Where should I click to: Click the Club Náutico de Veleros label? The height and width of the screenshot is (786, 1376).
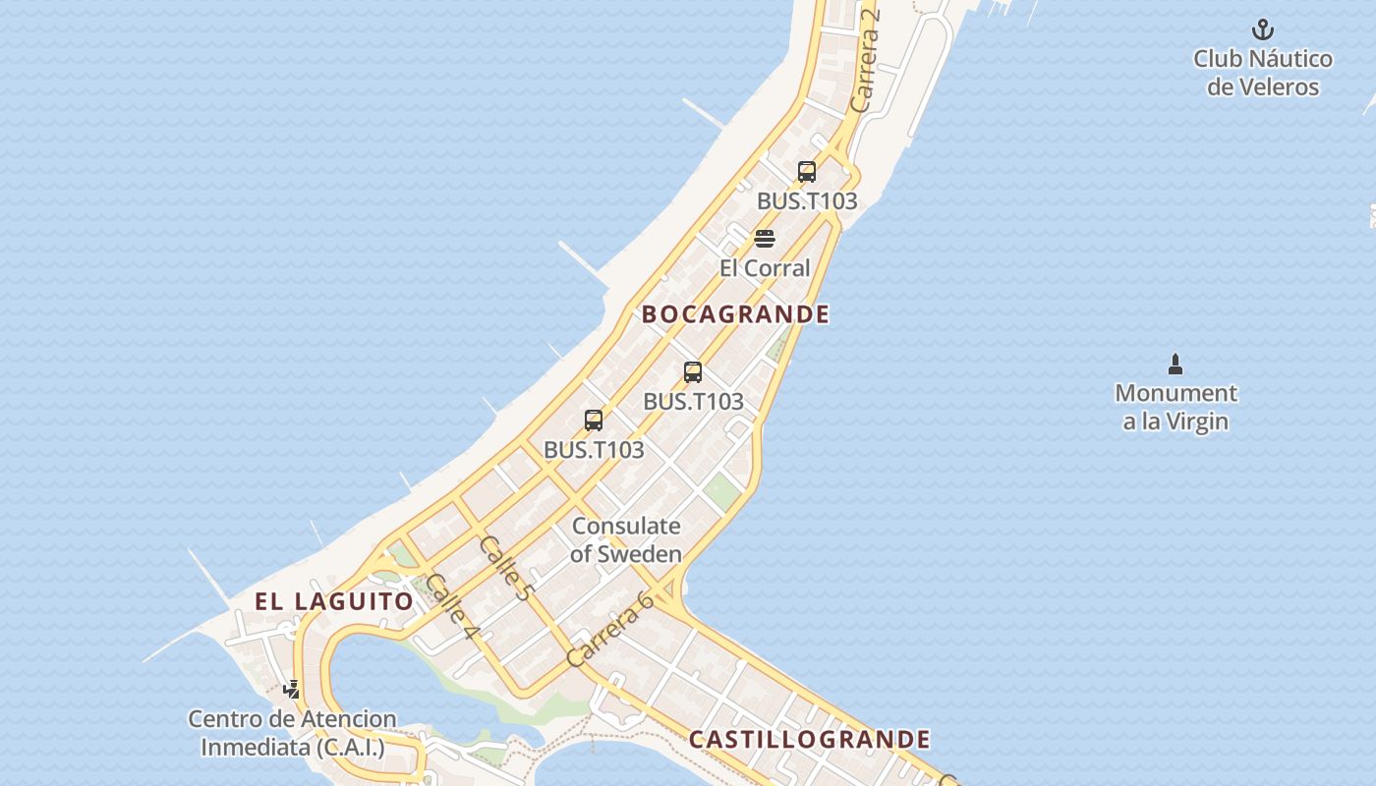1263,73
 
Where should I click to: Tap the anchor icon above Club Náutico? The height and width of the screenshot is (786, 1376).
1263,29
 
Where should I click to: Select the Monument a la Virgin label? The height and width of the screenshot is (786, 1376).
1175,407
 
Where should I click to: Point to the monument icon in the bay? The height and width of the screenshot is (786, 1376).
1175,365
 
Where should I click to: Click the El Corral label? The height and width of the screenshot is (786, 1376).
765,268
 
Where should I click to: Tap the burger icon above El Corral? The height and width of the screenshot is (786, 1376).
765,239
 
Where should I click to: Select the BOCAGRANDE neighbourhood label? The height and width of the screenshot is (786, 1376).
735,314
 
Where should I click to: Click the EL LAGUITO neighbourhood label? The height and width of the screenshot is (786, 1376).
334,601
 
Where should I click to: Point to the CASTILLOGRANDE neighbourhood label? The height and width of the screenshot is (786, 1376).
809,739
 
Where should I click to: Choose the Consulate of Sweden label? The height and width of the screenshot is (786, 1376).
626,539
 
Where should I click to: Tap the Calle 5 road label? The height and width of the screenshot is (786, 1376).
505,569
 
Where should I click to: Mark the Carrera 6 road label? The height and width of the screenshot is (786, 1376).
610,630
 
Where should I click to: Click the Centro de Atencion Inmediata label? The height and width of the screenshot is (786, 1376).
292,733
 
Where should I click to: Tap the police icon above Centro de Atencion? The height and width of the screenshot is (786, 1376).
292,689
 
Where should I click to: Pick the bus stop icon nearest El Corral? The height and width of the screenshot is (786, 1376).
807,172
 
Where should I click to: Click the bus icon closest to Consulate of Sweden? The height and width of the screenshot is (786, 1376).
594,421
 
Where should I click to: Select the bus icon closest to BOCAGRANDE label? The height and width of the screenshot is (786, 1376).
693,372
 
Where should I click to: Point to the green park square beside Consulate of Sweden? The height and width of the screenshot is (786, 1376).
722,492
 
